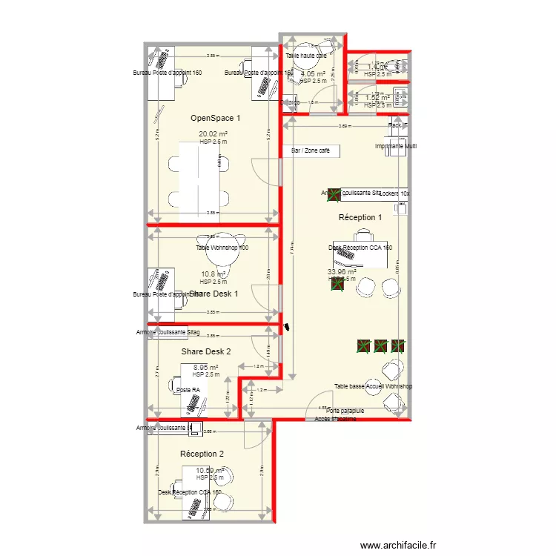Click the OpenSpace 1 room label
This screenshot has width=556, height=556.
coord(216,118)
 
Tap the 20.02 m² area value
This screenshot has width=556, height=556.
coord(213,134)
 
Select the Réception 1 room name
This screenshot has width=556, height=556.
coord(360,218)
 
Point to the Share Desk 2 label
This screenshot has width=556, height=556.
coord(206,351)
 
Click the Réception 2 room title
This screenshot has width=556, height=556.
coord(202,453)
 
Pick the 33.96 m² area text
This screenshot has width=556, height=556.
coord(342,271)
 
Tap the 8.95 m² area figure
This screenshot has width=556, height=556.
coord(205,367)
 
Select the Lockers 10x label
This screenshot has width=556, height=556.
coord(394,193)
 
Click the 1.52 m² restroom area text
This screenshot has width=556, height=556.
coord(377,97)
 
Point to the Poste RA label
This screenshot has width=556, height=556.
coord(188,390)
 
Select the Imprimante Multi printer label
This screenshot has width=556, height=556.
coord(395,147)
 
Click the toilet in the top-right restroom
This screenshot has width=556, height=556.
coord(400,68)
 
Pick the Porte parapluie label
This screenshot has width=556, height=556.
coord(345,411)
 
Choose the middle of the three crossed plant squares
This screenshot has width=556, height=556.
coord(380,345)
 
